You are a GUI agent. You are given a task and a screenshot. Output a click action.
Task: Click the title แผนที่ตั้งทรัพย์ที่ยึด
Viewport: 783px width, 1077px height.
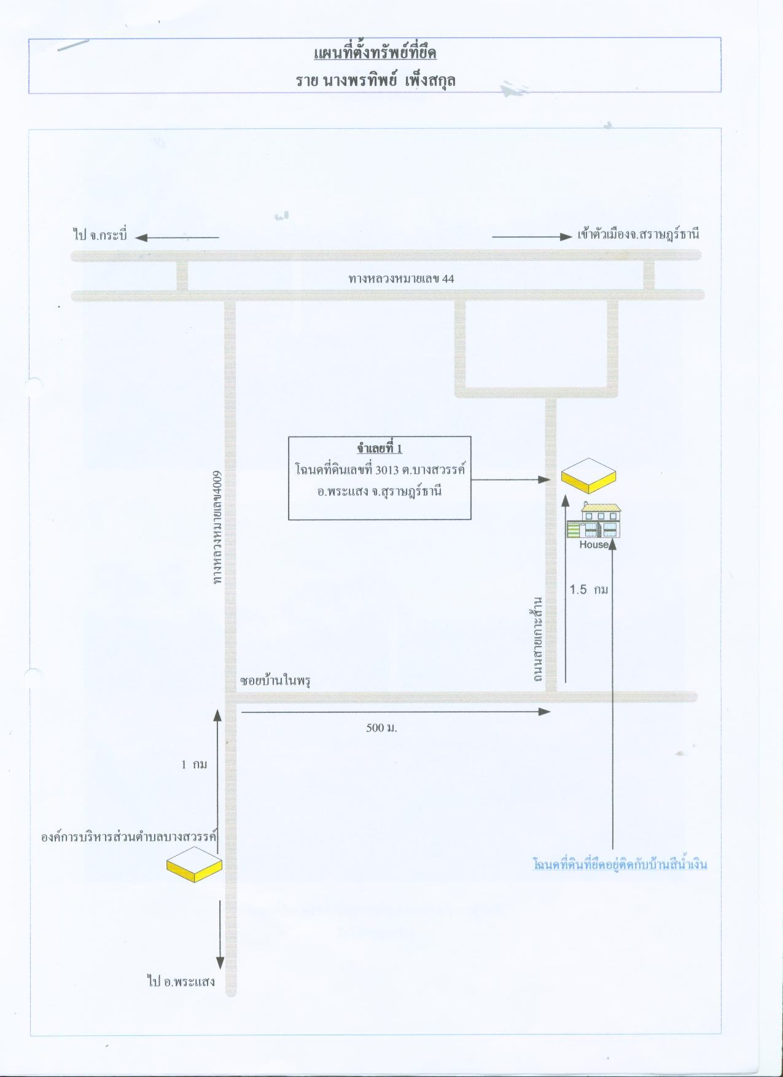point(375,53)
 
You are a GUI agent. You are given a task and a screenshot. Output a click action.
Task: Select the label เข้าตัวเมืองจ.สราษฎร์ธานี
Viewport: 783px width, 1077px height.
point(639,235)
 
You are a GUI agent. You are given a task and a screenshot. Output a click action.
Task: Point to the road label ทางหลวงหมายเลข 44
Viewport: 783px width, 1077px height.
point(401,279)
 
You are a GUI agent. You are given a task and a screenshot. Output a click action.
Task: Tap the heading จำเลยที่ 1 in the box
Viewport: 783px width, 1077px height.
point(380,449)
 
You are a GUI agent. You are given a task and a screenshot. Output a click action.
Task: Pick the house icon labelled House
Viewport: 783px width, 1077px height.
point(593,526)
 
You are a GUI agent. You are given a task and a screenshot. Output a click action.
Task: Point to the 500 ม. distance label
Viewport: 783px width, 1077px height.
point(381,728)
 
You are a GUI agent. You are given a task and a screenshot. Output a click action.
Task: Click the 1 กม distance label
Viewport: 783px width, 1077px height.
point(194,764)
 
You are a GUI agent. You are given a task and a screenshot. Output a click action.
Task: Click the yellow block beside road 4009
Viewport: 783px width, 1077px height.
point(194,865)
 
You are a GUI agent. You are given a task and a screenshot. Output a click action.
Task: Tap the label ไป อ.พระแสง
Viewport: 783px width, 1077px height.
point(181,981)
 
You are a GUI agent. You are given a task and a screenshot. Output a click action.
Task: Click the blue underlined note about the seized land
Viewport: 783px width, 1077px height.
point(620,865)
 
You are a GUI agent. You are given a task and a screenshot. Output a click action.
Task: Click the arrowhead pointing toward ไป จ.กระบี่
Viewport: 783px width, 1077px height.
point(141,238)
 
